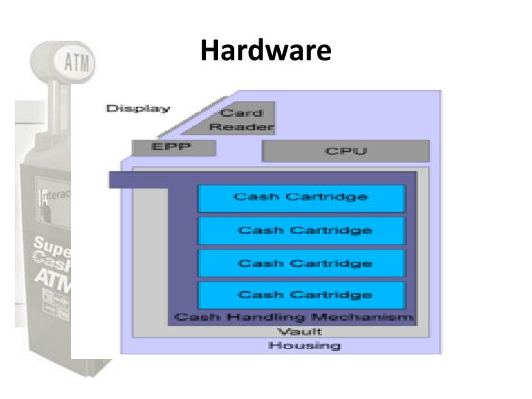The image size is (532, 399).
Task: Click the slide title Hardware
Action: point(265,51)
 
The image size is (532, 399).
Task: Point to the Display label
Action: point(137,109)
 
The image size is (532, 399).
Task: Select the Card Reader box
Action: point(242,120)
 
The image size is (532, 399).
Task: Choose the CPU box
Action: point(346,151)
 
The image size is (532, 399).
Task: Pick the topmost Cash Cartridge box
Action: point(301,198)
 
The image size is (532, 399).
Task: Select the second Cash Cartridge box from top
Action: point(301,231)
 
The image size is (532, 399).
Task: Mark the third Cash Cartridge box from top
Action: point(301,263)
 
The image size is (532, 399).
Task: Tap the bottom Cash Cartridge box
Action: point(301,295)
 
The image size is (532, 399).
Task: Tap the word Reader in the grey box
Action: point(242,127)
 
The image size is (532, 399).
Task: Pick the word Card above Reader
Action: point(242,113)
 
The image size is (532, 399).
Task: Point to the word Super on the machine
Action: point(52,245)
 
